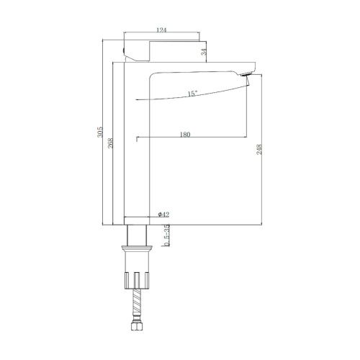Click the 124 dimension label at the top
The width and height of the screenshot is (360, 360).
coord(161,30)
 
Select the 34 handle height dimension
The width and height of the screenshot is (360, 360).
coord(204,52)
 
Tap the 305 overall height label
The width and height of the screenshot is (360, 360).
coord(99,132)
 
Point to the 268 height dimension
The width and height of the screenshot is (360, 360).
coord(110,143)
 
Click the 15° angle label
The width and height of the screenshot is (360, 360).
coord(192,94)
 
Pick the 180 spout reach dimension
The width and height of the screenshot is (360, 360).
coord(185,135)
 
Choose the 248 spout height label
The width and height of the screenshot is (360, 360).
coord(259,149)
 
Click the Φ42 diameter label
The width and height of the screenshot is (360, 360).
coord(163,215)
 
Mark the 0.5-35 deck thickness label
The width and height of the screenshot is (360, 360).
coord(166,235)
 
